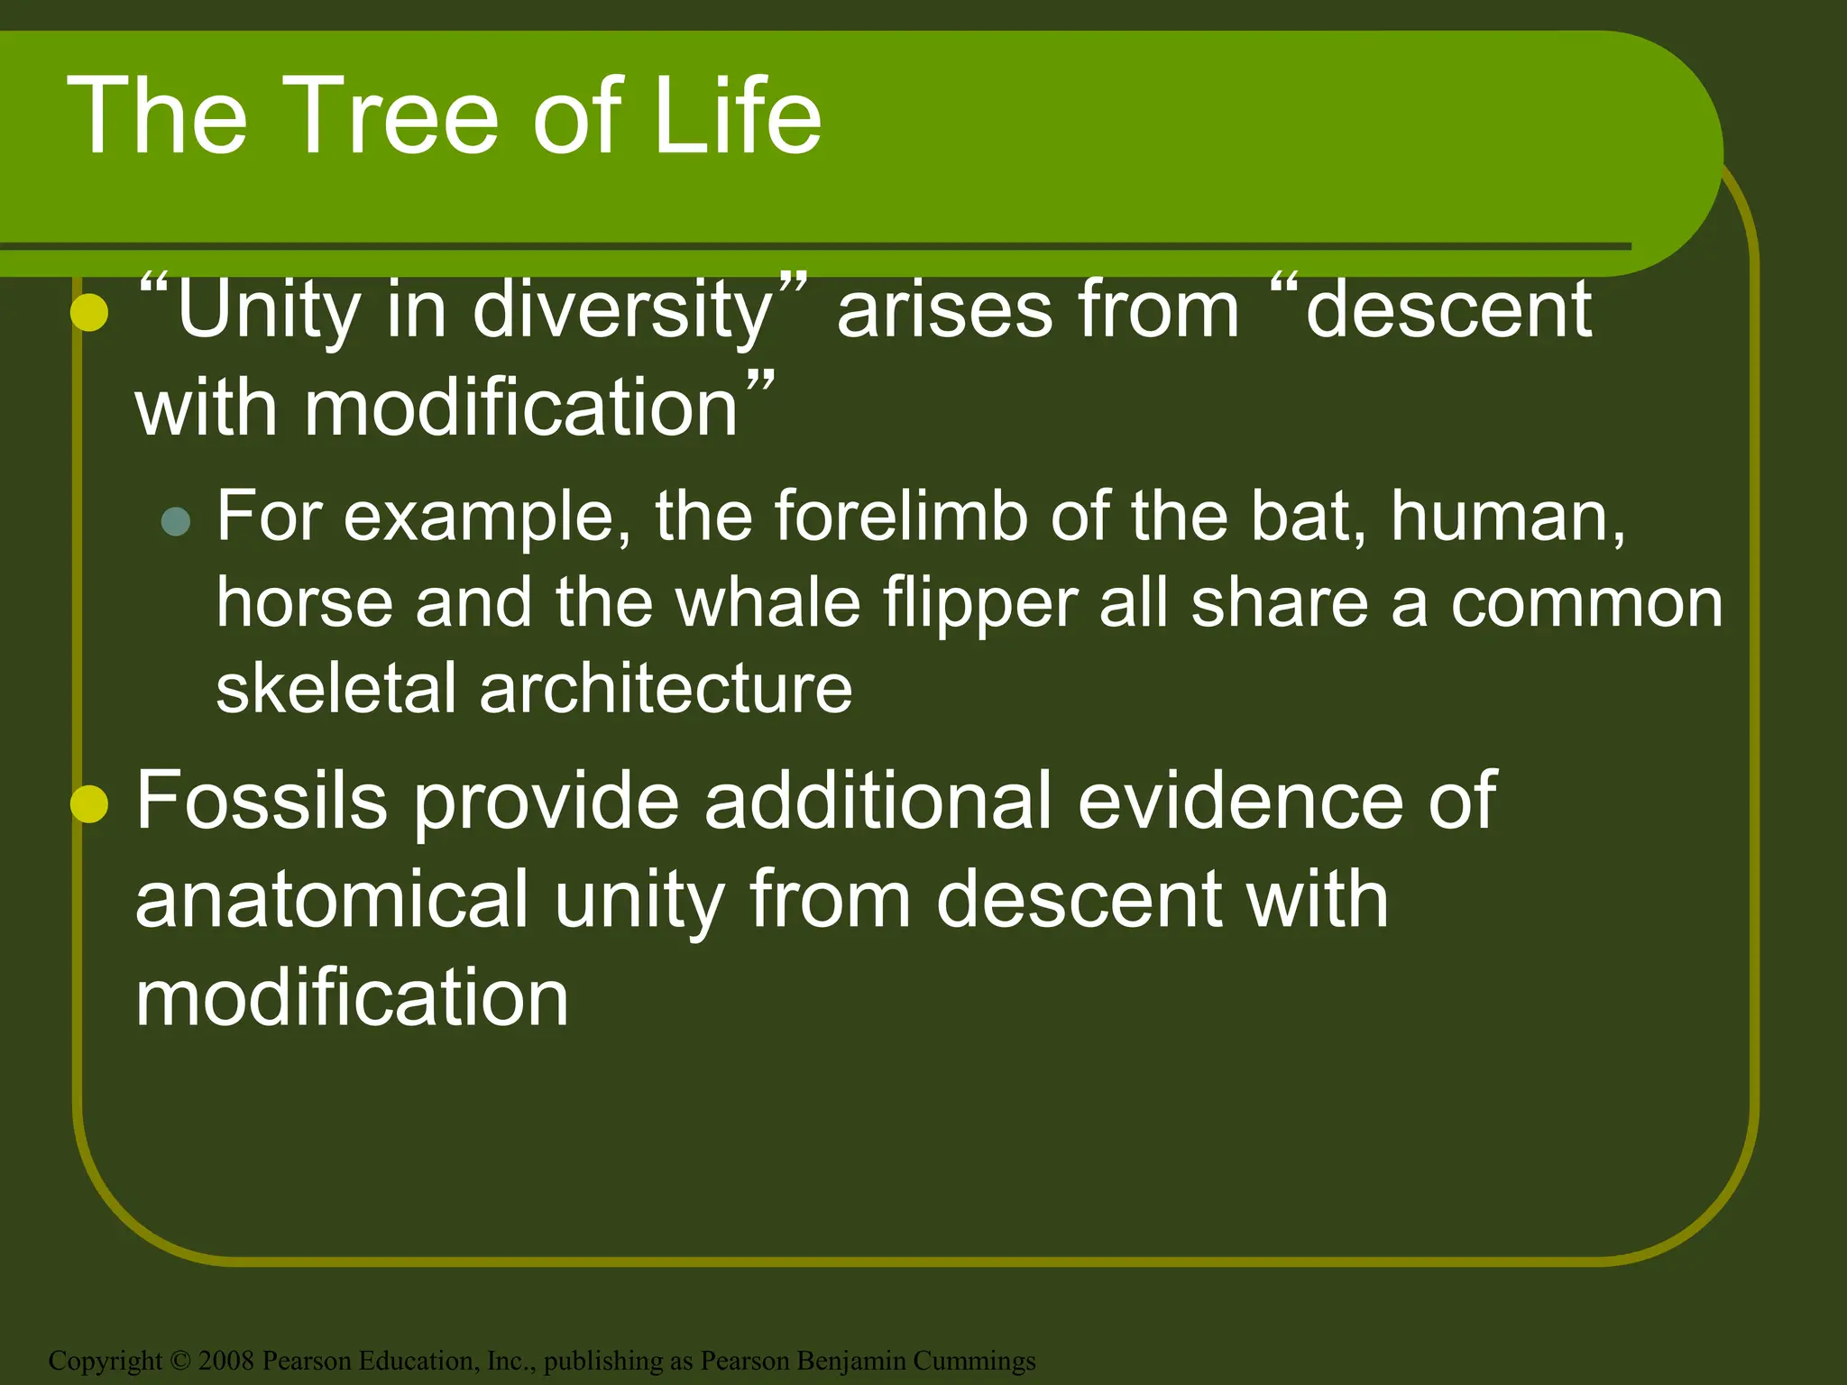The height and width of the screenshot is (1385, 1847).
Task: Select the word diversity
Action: click(x=622, y=310)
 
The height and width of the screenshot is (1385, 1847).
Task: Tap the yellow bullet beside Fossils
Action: click(x=89, y=804)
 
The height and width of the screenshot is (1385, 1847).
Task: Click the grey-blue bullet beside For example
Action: click(x=176, y=521)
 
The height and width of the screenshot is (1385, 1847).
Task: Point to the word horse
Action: click(x=305, y=603)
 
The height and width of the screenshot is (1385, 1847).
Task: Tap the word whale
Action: click(x=768, y=603)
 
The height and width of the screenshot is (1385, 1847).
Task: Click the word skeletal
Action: click(x=335, y=689)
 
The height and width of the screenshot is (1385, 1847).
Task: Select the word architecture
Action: click(x=666, y=689)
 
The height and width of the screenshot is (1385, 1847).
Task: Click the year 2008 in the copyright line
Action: click(x=226, y=1360)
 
